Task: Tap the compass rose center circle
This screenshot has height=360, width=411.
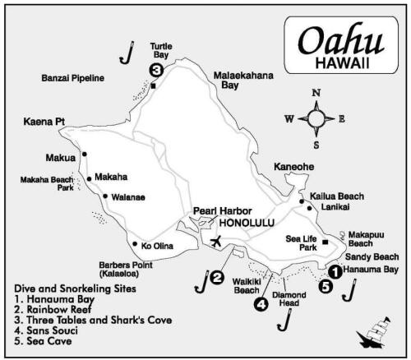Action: click(316, 118)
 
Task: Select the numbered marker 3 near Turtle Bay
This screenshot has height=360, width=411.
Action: click(156, 70)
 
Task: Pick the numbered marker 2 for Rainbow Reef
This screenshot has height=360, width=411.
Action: click(217, 278)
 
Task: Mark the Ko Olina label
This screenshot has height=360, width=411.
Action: click(157, 245)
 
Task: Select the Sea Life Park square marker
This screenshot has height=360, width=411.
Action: click(326, 242)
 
